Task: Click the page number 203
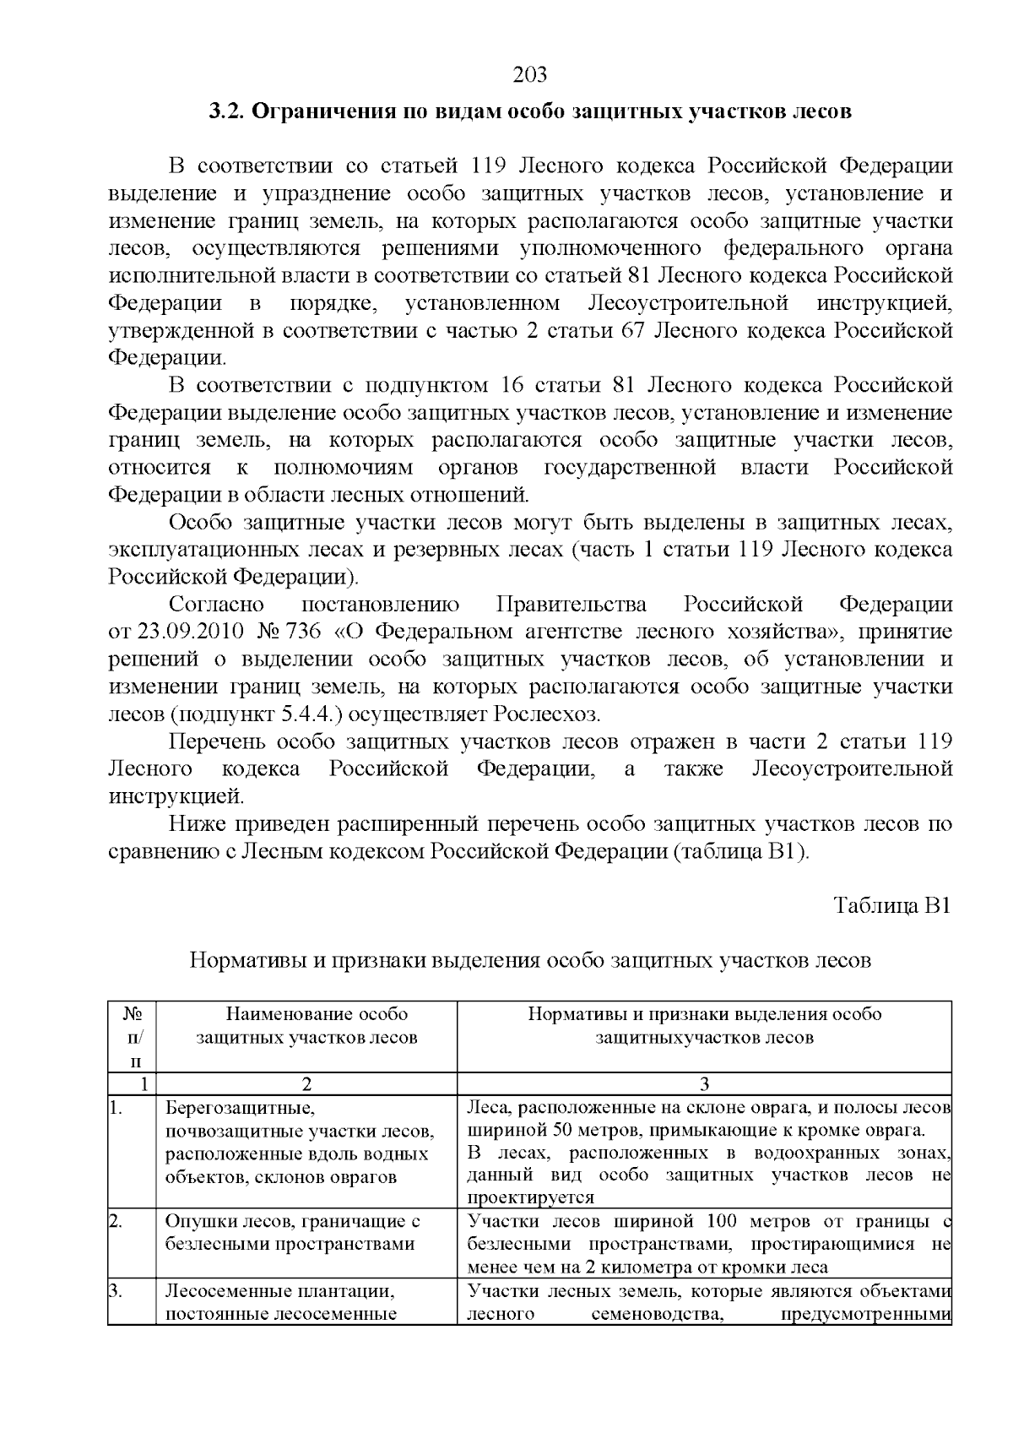(530, 75)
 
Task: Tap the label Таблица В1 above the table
(892, 905)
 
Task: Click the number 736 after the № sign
(304, 632)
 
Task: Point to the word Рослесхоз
(557, 714)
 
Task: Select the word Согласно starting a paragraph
(216, 605)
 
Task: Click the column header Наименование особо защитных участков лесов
(307, 1025)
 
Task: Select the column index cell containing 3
(704, 1084)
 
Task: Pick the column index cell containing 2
(307, 1084)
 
